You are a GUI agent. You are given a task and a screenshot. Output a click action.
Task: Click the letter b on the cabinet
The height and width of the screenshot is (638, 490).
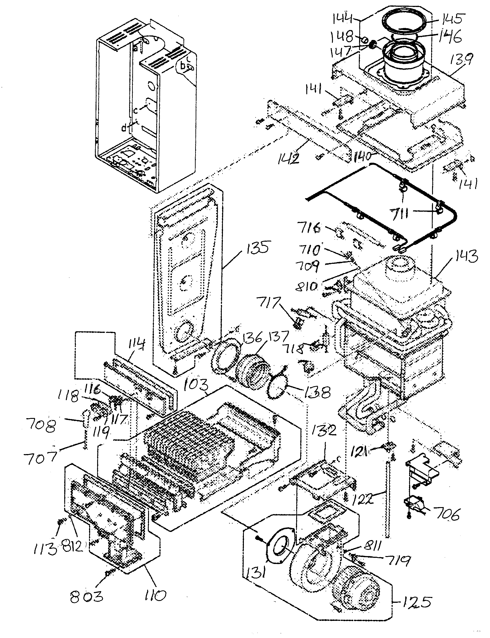pyautogui.click(x=183, y=66)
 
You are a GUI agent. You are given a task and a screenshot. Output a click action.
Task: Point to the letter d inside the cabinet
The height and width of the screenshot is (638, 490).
pyautogui.click(x=124, y=128)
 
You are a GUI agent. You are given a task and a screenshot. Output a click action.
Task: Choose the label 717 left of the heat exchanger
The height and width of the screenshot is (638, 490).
pyautogui.click(x=269, y=303)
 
